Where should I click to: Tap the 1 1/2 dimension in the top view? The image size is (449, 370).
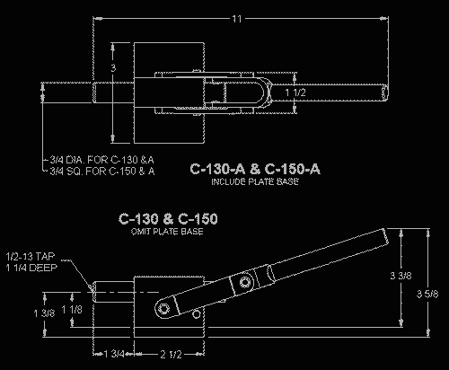[294, 92]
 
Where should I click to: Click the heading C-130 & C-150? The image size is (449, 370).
[171, 218]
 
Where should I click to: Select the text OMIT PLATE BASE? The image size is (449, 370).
[171, 231]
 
